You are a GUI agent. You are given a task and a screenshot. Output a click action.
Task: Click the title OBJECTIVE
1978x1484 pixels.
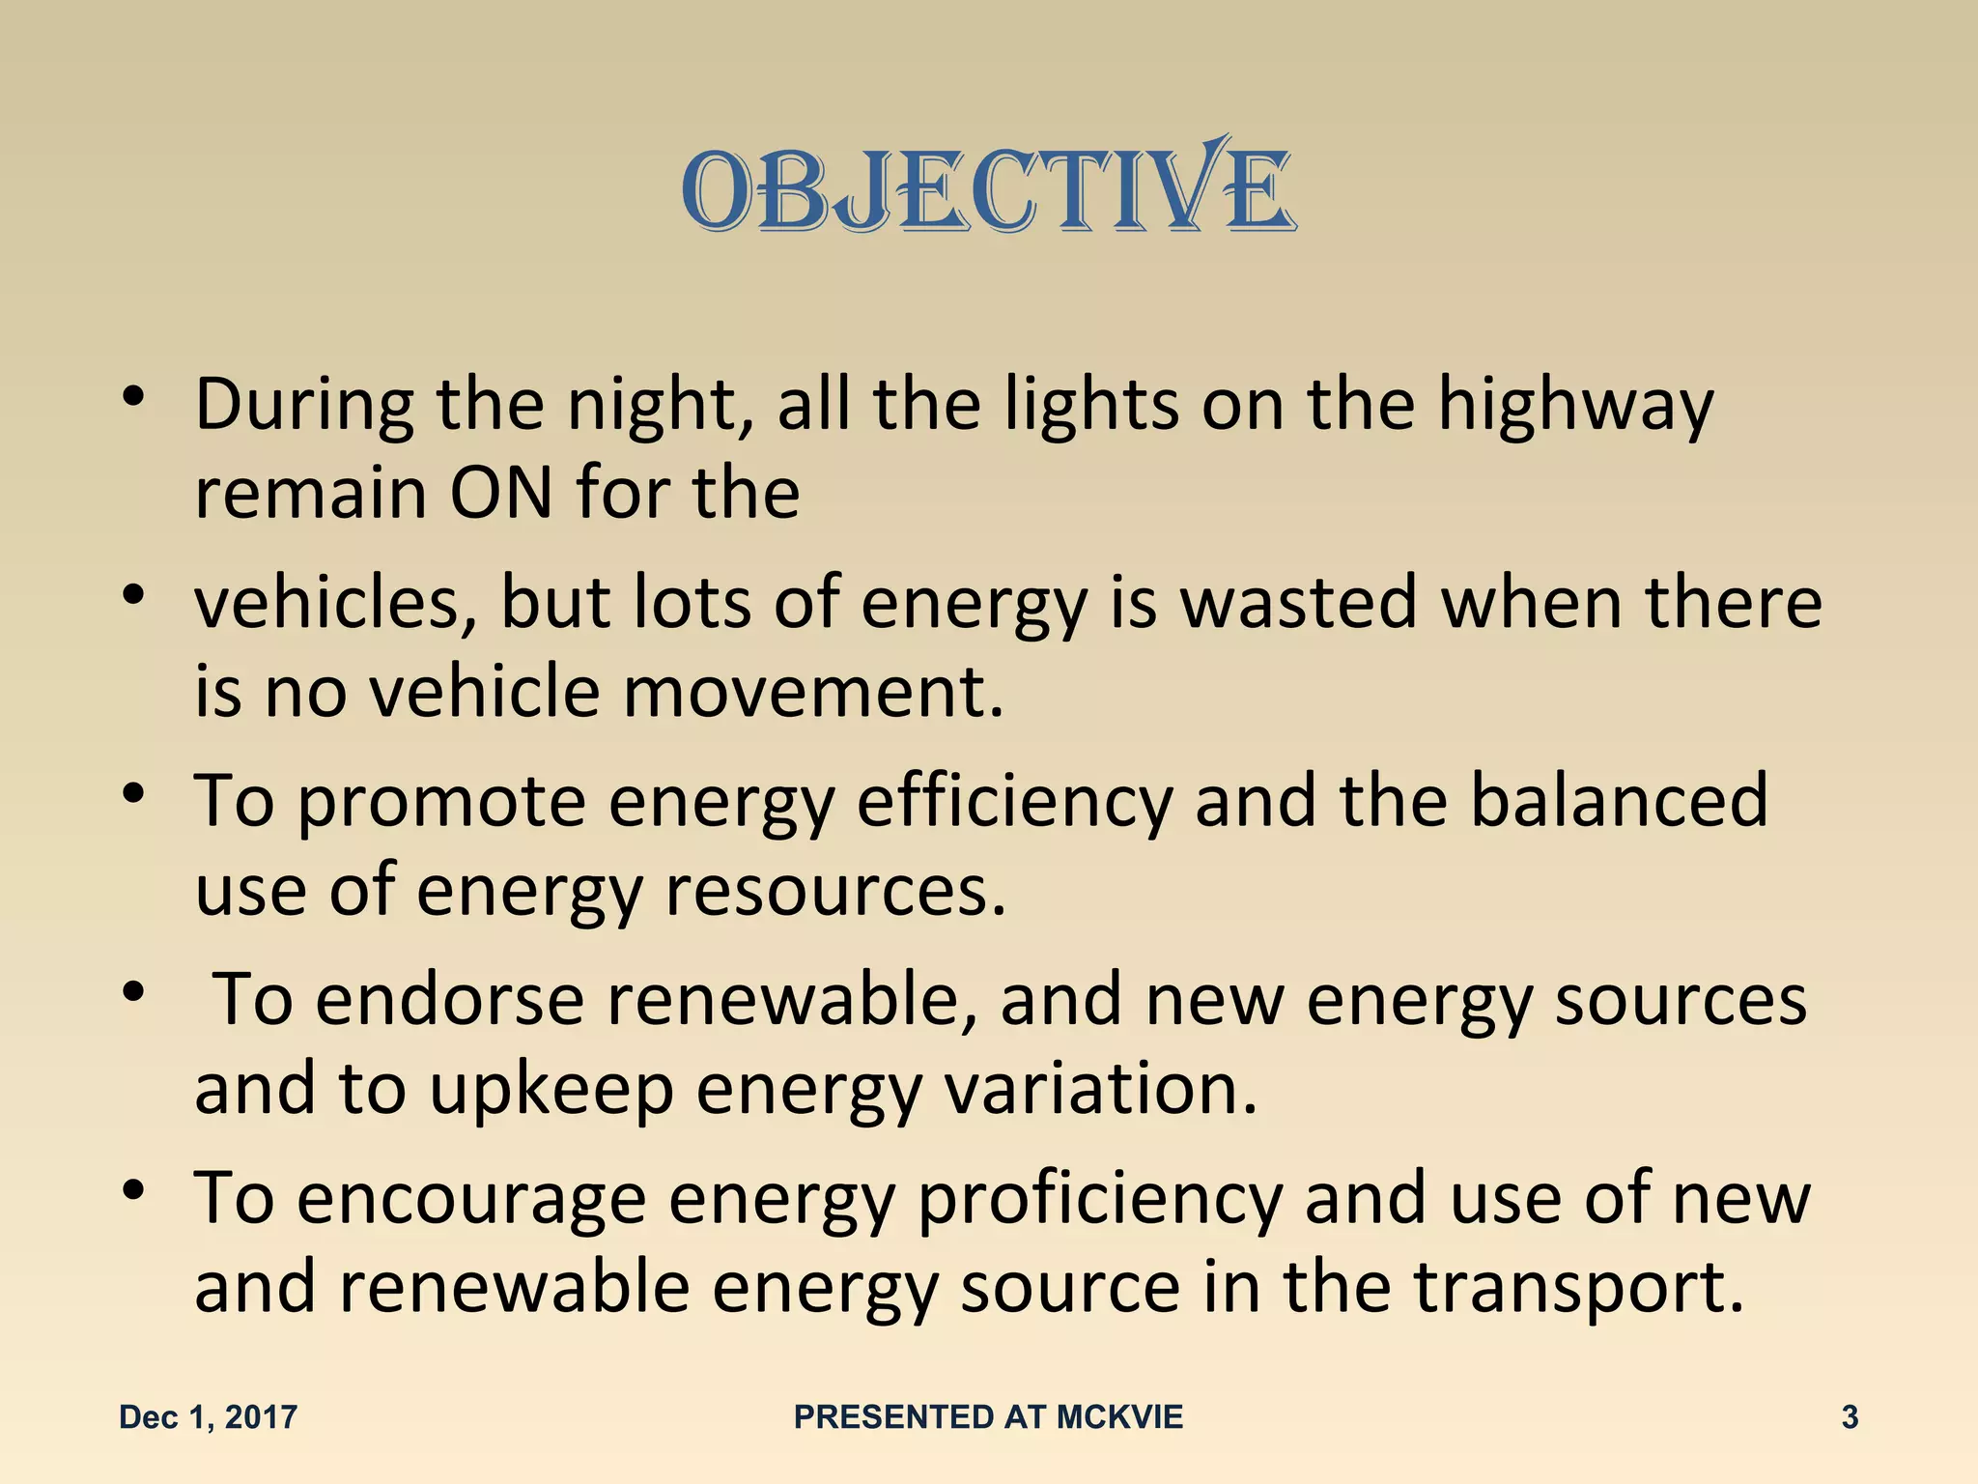coord(988,190)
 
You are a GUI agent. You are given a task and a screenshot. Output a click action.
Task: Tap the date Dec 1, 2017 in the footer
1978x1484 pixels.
coord(208,1417)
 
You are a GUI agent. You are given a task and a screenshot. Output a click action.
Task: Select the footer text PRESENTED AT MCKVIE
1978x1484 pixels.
coord(988,1417)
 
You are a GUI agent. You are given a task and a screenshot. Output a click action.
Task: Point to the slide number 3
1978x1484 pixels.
coord(1850,1417)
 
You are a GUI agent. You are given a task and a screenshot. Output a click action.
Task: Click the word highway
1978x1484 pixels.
coord(1575,406)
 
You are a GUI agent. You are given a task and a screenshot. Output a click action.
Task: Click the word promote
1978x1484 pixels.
coord(440,802)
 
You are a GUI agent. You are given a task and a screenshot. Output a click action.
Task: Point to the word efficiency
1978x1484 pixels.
coord(1014,802)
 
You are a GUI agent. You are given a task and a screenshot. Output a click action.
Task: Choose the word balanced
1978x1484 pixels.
coord(1619,800)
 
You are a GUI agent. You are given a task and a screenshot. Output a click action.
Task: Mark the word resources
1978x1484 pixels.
coord(836,891)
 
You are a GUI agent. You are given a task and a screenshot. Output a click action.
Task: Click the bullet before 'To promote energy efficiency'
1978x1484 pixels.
coord(134,794)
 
